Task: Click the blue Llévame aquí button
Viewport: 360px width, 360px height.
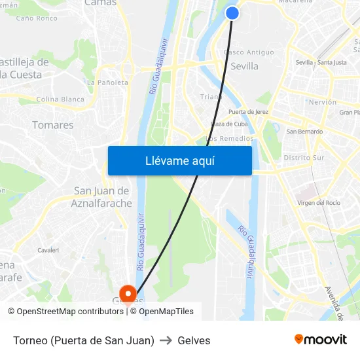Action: (179, 160)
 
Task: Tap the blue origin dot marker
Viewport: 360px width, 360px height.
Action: (232, 12)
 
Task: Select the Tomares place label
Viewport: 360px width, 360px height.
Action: (52, 125)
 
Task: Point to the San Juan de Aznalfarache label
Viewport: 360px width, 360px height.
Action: (103, 196)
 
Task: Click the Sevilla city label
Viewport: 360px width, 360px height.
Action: (244, 66)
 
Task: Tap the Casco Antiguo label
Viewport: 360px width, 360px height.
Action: (249, 52)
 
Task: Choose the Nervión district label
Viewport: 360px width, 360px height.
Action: (322, 102)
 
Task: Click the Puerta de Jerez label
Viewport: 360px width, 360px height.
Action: (248, 112)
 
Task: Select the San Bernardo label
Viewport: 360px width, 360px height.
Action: (305, 132)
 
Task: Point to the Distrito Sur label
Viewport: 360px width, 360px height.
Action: (304, 158)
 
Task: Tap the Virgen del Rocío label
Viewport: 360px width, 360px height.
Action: (319, 203)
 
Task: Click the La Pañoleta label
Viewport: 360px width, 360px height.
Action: (107, 82)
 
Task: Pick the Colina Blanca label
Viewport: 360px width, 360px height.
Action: (60, 99)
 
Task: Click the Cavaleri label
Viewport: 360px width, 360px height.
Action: (48, 250)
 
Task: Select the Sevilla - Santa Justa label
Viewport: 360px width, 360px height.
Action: (321, 62)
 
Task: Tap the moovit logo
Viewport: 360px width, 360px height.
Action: (321, 339)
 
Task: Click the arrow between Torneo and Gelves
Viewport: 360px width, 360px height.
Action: (166, 340)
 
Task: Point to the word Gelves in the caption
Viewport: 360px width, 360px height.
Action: (194, 340)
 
